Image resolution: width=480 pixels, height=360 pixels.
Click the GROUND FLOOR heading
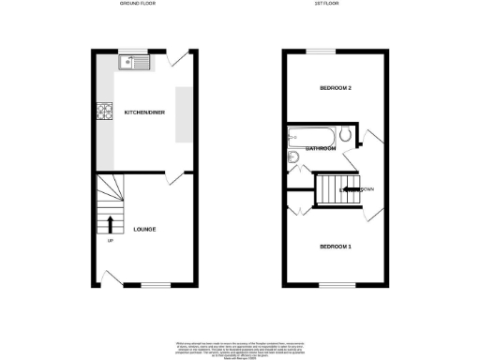pyautogui.click(x=139, y=5)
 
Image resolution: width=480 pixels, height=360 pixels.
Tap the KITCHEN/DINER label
pyautogui.click(x=143, y=112)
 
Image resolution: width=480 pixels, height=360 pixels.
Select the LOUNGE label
pyautogui.click(x=144, y=230)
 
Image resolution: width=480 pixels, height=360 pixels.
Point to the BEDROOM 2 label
pyautogui.click(x=336, y=89)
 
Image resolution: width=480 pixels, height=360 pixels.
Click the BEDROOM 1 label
pyautogui.click(x=335, y=247)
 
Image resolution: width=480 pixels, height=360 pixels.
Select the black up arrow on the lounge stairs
pyautogui.click(x=111, y=225)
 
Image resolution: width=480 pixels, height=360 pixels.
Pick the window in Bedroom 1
pyautogui.click(x=332, y=285)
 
